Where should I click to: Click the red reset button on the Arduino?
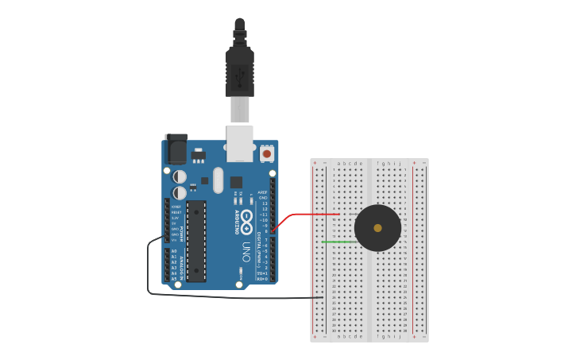[x=267, y=153]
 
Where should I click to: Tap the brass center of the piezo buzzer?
[x=377, y=228]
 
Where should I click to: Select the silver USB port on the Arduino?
[x=240, y=143]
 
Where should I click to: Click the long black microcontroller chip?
[x=196, y=241]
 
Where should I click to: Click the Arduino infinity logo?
[x=247, y=217]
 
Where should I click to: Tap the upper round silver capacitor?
[x=180, y=176]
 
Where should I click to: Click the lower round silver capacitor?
[x=180, y=192]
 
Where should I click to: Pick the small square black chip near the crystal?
[x=236, y=182]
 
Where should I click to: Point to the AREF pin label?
[x=263, y=192]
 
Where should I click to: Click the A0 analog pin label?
[x=174, y=251]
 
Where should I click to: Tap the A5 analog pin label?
[x=174, y=279]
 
